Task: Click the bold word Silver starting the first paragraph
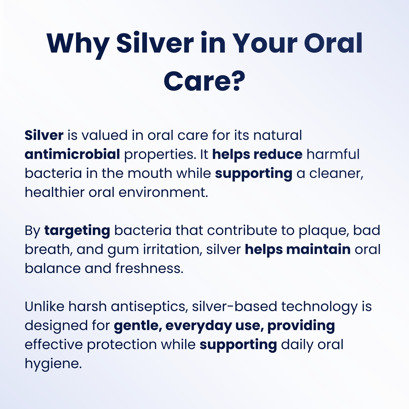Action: pos(44,135)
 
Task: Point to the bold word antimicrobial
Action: pos(72,154)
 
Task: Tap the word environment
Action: pos(163,193)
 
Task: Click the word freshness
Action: pos(150,268)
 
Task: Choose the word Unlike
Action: pos(44,306)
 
